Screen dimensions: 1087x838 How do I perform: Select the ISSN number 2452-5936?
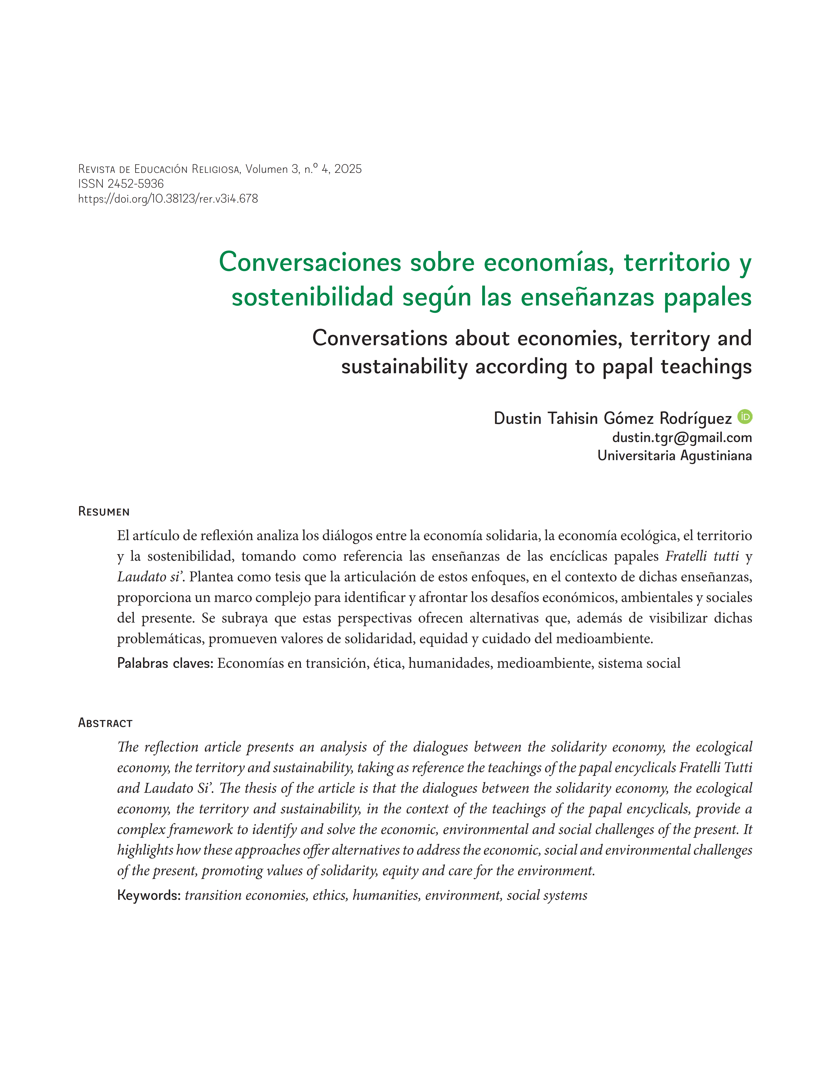click(135, 184)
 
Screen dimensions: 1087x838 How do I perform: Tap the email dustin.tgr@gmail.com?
click(682, 438)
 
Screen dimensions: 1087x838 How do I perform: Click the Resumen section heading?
click(104, 512)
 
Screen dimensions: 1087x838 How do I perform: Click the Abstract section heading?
click(105, 723)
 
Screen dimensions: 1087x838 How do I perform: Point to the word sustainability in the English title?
click(404, 367)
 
